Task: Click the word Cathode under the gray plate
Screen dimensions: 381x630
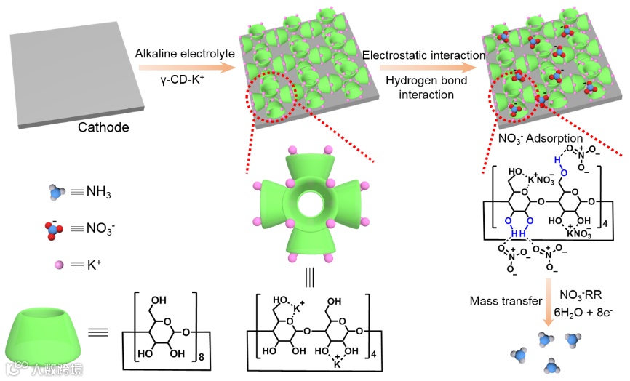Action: point(103,129)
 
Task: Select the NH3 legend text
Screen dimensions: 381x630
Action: point(98,193)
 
